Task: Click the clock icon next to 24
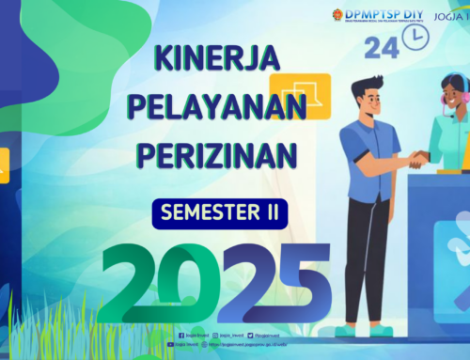click(x=413, y=37)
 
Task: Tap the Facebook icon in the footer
click(x=180, y=335)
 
